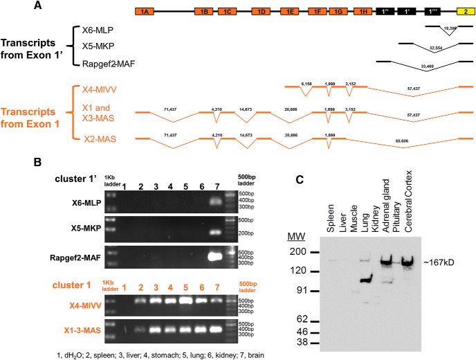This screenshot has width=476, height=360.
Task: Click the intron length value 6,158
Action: (306, 84)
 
